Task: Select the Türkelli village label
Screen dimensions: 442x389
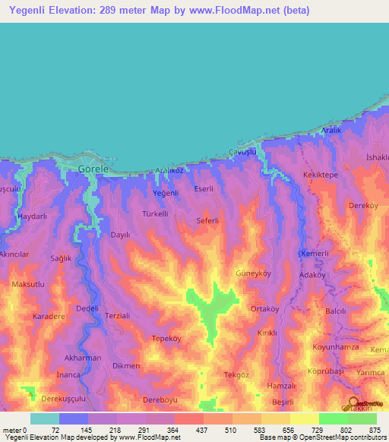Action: pyautogui.click(x=156, y=214)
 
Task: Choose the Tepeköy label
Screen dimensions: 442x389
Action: pyautogui.click(x=168, y=339)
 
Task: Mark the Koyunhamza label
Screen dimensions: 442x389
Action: pyautogui.click(x=334, y=347)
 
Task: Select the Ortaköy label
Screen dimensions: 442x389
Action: pyautogui.click(x=267, y=309)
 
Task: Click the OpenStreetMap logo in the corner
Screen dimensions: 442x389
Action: pyautogui.click(x=356, y=403)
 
